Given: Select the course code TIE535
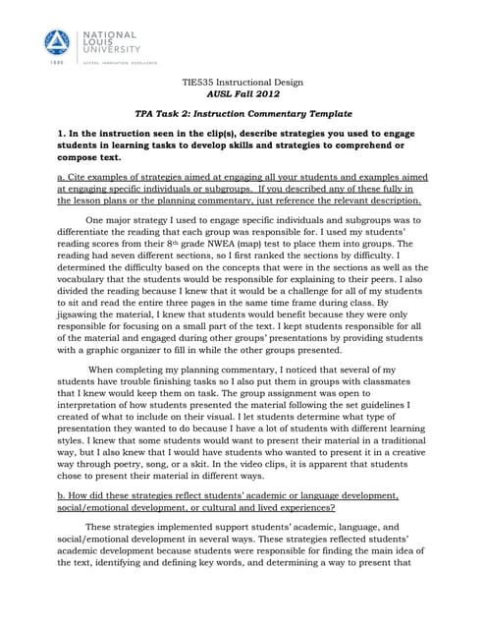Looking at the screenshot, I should (x=203, y=84).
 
